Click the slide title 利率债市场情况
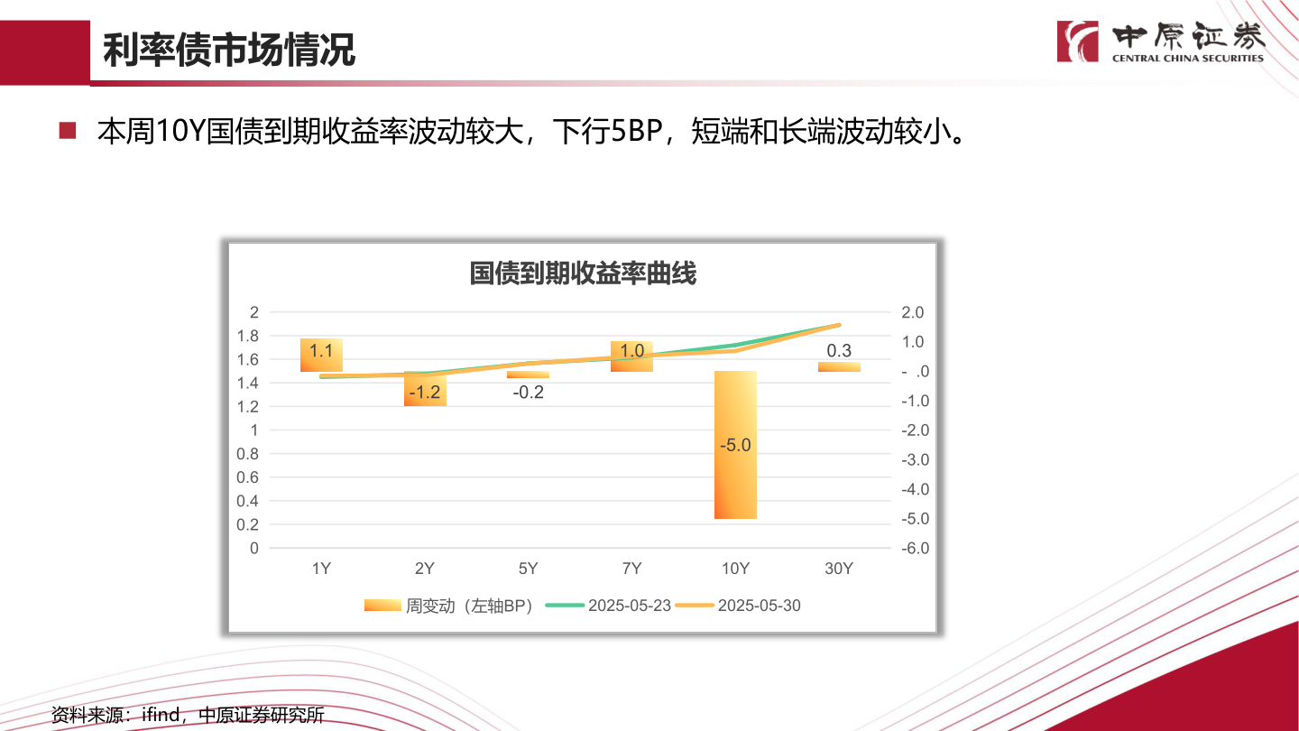pos(228,51)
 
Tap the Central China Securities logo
pos(1160,42)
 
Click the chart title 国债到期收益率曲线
pos(582,273)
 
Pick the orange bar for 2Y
pos(424,389)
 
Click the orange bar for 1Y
pos(321,356)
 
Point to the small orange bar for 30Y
pos(839,366)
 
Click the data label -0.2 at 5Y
pos(528,393)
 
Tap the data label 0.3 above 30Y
pos(839,351)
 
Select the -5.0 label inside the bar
pos(735,445)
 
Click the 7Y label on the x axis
pos(631,569)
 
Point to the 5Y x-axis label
pos(528,569)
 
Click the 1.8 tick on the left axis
pos(247,336)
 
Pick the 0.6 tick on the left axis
pos(247,477)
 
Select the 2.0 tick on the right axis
pos(912,312)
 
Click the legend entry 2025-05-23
pos(629,606)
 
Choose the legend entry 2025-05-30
pos(758,606)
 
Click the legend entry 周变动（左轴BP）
pos(468,606)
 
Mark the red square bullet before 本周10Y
pos(68,132)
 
